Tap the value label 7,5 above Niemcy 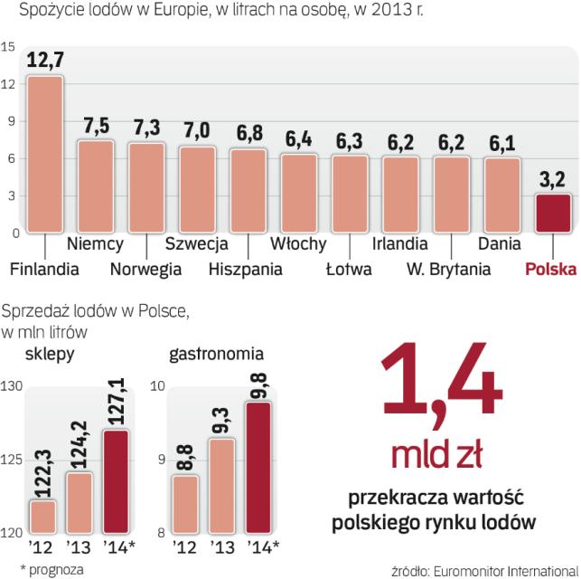(x=95, y=125)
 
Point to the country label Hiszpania (x=244, y=269)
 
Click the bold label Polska (x=550, y=269)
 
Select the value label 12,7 (x=44, y=62)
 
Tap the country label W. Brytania (x=448, y=269)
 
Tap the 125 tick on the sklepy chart (x=13, y=460)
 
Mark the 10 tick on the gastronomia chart (x=157, y=387)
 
